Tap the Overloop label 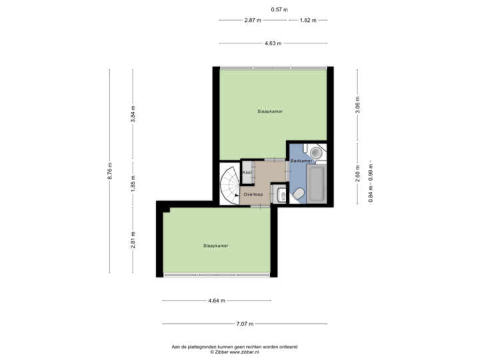tap(253, 194)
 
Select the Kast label tap(247, 172)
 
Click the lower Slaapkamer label tap(216, 246)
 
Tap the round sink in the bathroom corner tap(317, 153)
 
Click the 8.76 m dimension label tap(111, 172)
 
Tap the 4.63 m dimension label tap(273, 43)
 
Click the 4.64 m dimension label tap(217, 301)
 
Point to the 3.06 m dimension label tap(358, 107)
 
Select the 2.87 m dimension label tap(253, 20)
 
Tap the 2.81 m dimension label tap(133, 240)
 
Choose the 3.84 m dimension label tap(133, 115)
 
